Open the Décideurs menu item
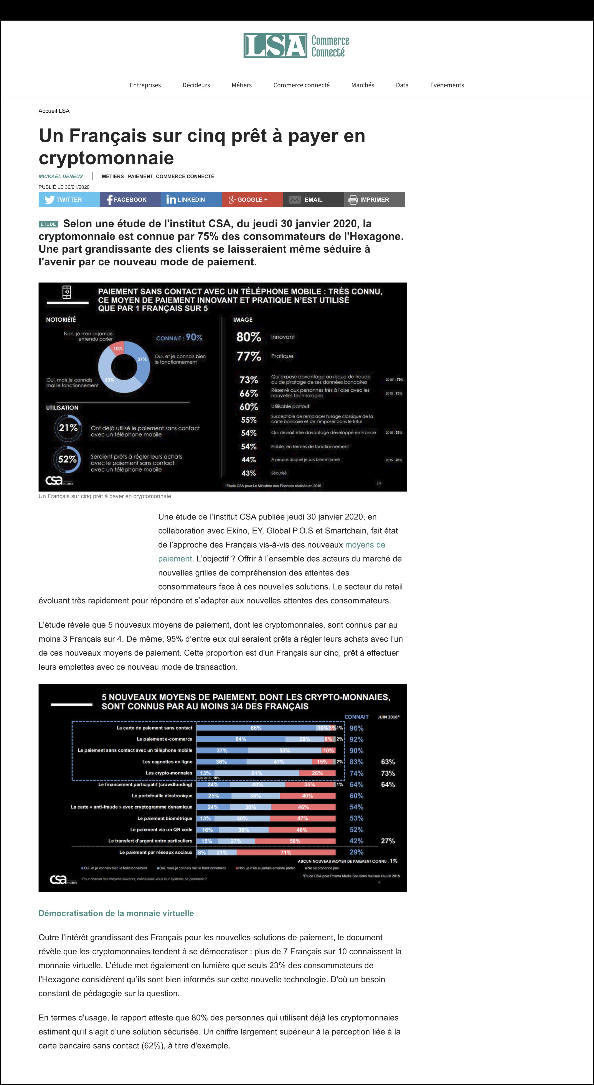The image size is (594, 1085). [196, 85]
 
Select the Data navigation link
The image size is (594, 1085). [402, 85]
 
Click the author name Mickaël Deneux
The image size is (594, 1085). [61, 176]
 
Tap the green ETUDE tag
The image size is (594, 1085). [48, 224]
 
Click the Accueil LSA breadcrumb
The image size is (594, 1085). [54, 111]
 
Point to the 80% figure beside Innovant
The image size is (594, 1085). [249, 337]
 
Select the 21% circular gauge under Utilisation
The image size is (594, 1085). [68, 428]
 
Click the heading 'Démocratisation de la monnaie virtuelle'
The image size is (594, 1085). [116, 913]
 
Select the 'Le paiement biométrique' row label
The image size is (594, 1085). [165, 818]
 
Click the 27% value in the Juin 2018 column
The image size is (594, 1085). [388, 841]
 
